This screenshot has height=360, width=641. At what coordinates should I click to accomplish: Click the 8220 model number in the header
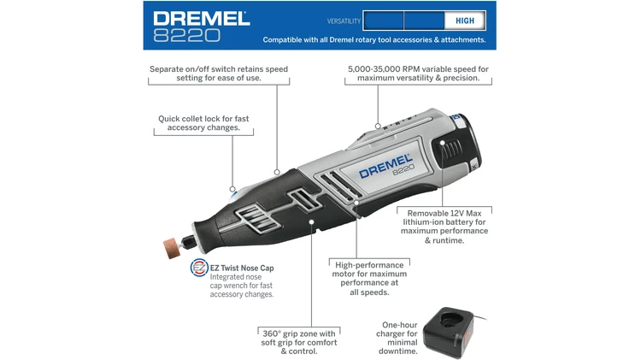187,34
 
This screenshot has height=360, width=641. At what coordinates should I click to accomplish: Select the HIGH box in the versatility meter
465,20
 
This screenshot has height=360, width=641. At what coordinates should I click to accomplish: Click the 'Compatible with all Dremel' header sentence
373,39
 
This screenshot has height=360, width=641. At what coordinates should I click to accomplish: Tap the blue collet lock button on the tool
232,191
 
